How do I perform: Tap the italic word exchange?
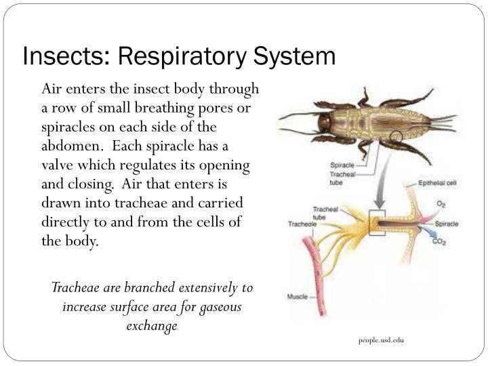[152, 326]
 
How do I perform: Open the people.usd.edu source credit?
[381, 340]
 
